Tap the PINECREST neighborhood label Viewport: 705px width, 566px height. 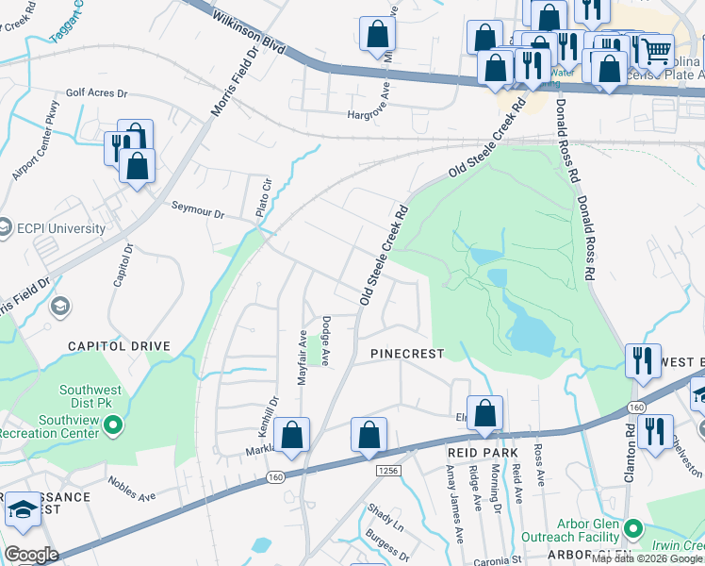(x=406, y=352)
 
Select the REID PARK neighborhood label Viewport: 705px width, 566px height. (x=483, y=454)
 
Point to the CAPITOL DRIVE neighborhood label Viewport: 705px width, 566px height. (x=119, y=346)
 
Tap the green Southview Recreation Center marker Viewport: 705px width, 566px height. (x=113, y=426)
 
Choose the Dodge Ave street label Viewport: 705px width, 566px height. (x=325, y=341)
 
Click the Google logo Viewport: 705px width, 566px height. (x=30, y=555)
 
